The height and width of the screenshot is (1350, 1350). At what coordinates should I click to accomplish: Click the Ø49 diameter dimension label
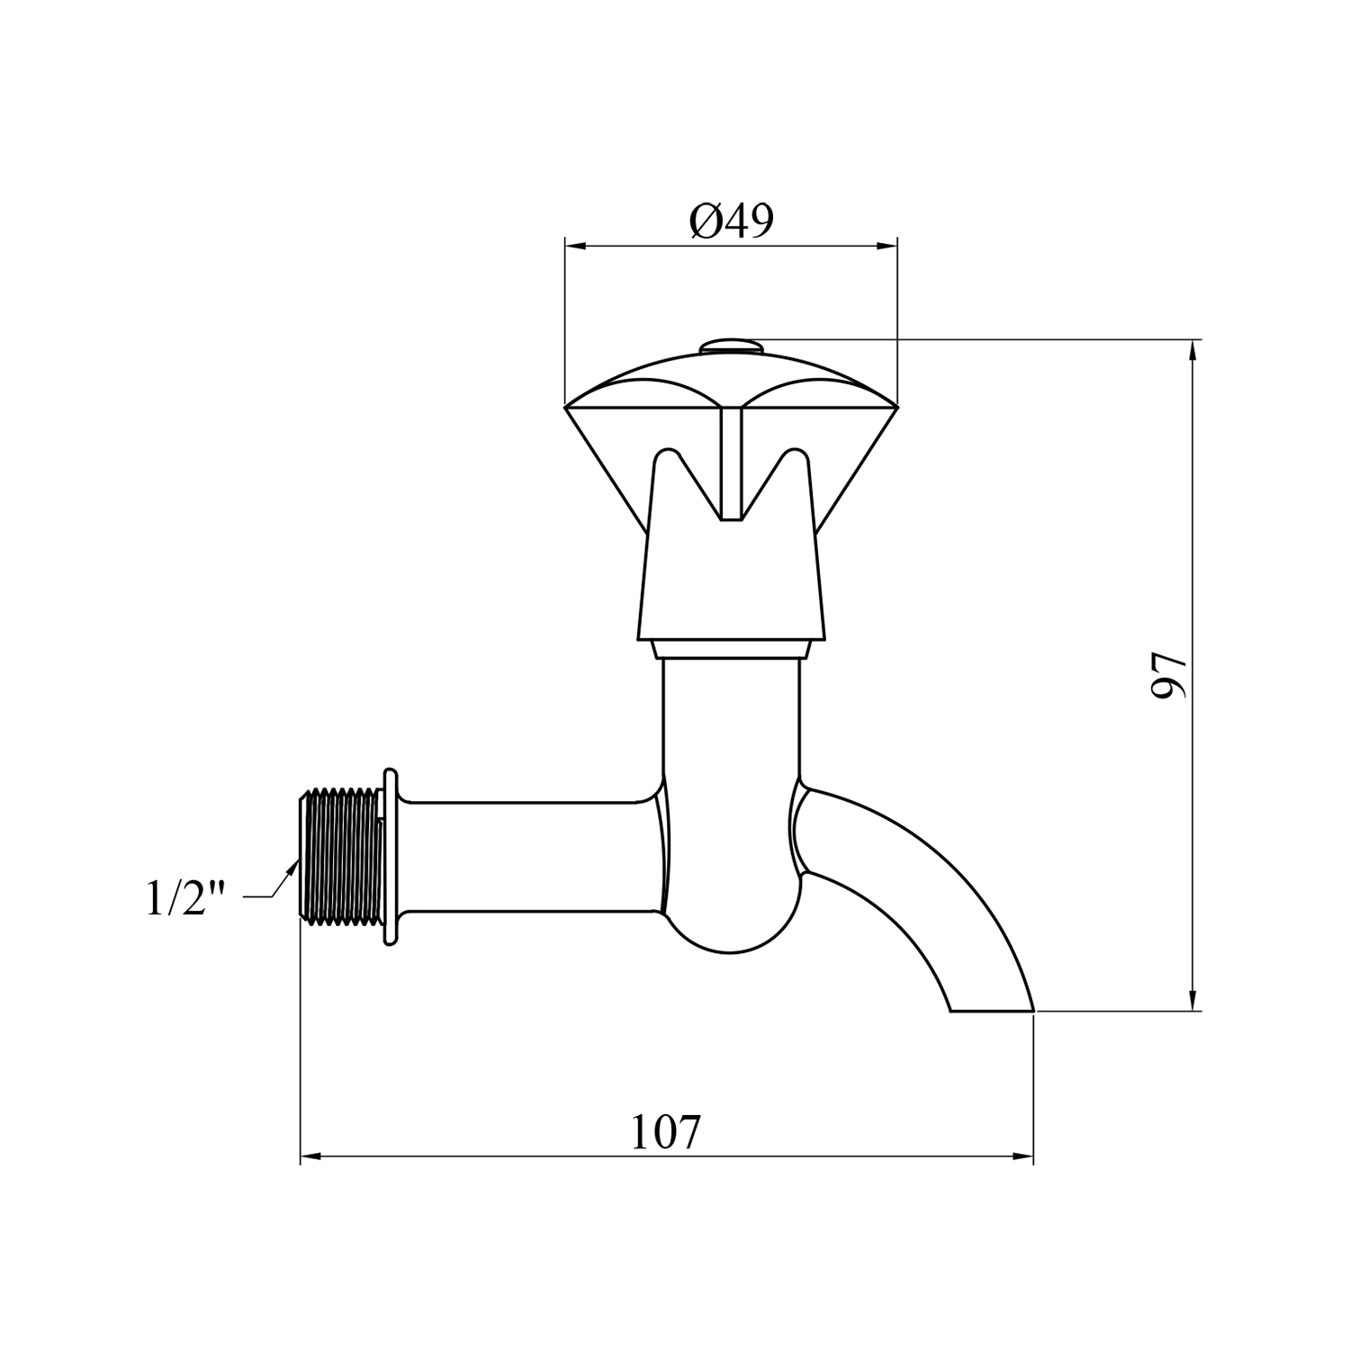click(x=731, y=220)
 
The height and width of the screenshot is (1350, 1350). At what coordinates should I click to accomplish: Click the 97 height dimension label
click(x=1169, y=676)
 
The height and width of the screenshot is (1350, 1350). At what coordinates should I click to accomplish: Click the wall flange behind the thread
click(x=391, y=857)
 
